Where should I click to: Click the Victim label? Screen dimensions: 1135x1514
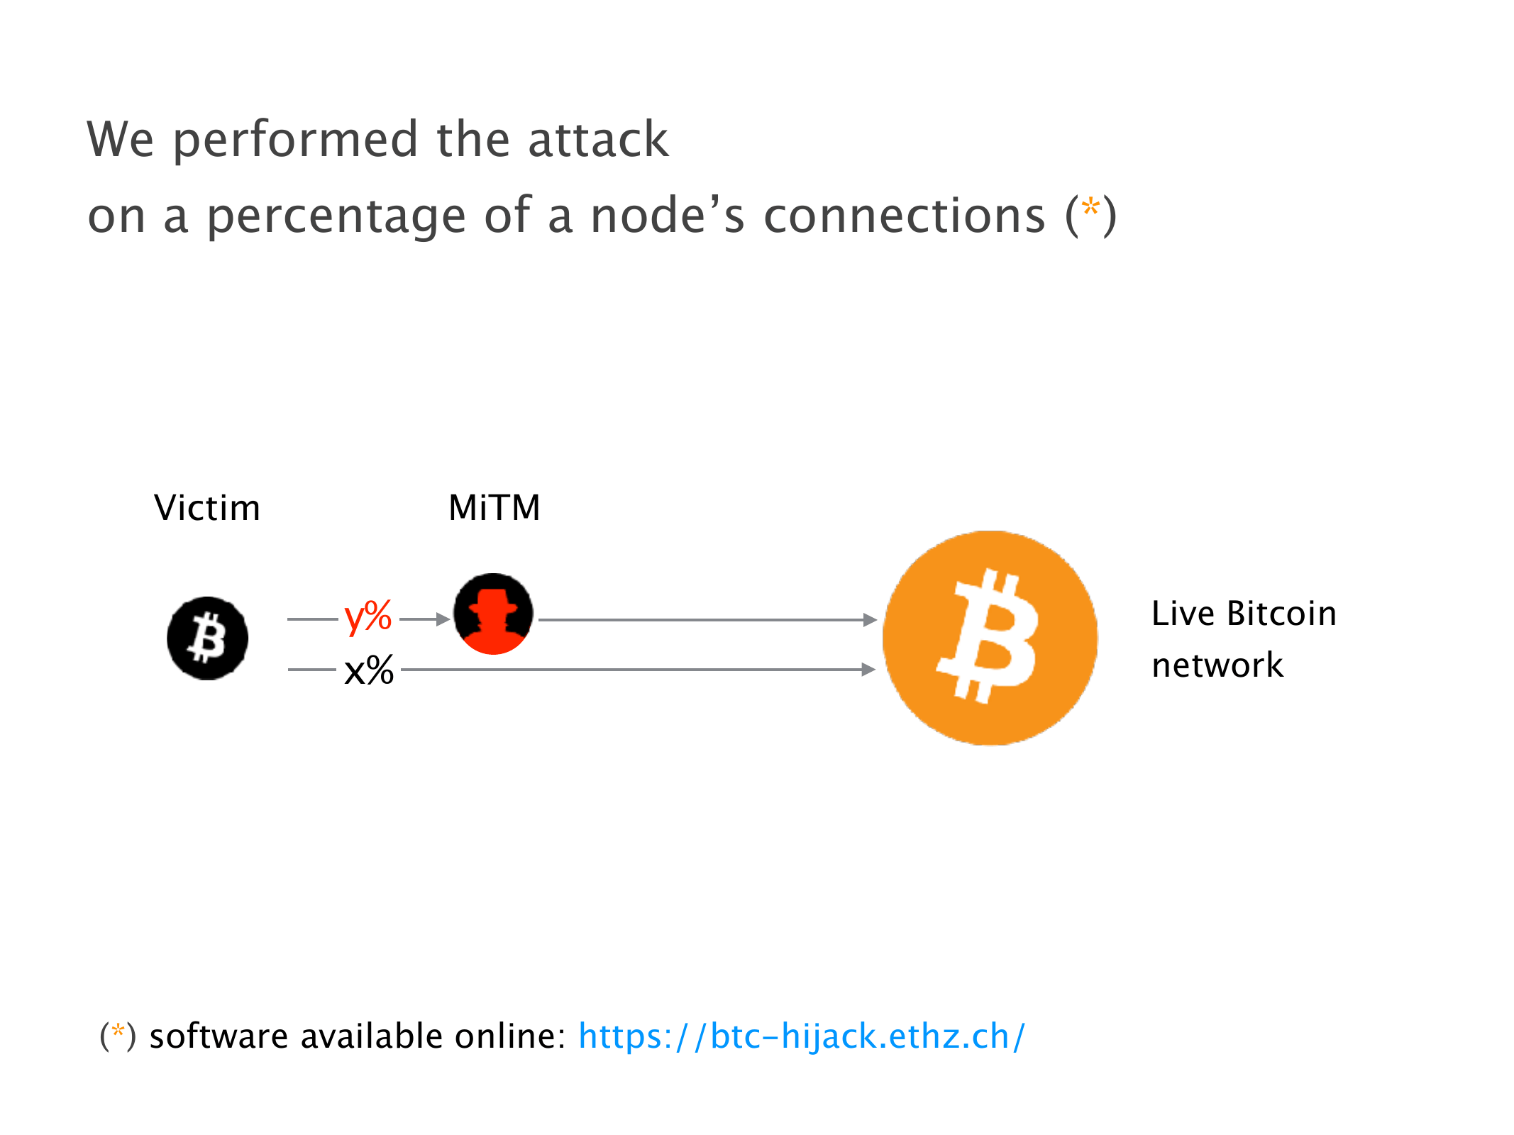[207, 508]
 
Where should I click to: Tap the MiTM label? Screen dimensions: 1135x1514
[494, 508]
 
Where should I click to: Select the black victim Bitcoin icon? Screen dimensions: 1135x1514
[208, 638]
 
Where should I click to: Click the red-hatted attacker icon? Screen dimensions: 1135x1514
[494, 614]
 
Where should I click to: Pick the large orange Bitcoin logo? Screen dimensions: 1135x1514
[990, 638]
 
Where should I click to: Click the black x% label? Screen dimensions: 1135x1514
[368, 670]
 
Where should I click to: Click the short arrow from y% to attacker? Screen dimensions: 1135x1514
[424, 619]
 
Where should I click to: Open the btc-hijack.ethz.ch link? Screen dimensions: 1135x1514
[802, 1036]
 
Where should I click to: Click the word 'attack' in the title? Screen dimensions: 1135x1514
[597, 139]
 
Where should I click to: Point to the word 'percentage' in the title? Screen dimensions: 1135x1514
[336, 216]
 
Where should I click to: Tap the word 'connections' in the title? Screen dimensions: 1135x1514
[904, 216]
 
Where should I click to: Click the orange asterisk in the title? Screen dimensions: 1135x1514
[1090, 208]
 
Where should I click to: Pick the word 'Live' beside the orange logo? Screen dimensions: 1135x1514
[1182, 614]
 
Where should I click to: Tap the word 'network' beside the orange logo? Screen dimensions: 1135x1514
[1217, 665]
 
